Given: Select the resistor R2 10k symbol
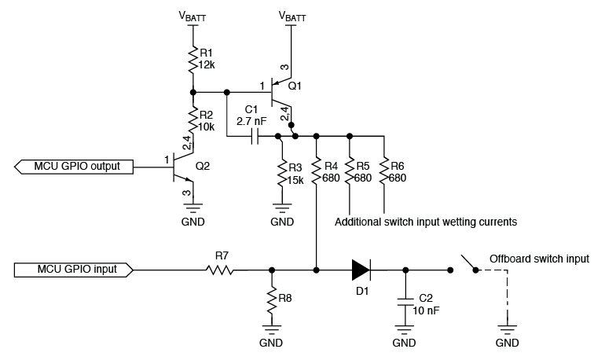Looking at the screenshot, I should (x=192, y=119).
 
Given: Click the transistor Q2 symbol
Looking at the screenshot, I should (x=183, y=167).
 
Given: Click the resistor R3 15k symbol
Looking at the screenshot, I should (x=281, y=173).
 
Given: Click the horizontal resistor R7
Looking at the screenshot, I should (x=221, y=270).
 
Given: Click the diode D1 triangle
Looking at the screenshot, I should (x=360, y=270).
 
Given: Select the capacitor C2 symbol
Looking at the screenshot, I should (x=405, y=303).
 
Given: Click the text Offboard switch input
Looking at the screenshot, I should (x=538, y=258).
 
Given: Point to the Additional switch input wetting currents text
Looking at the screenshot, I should (x=425, y=222).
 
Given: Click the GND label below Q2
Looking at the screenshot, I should (x=192, y=222).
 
